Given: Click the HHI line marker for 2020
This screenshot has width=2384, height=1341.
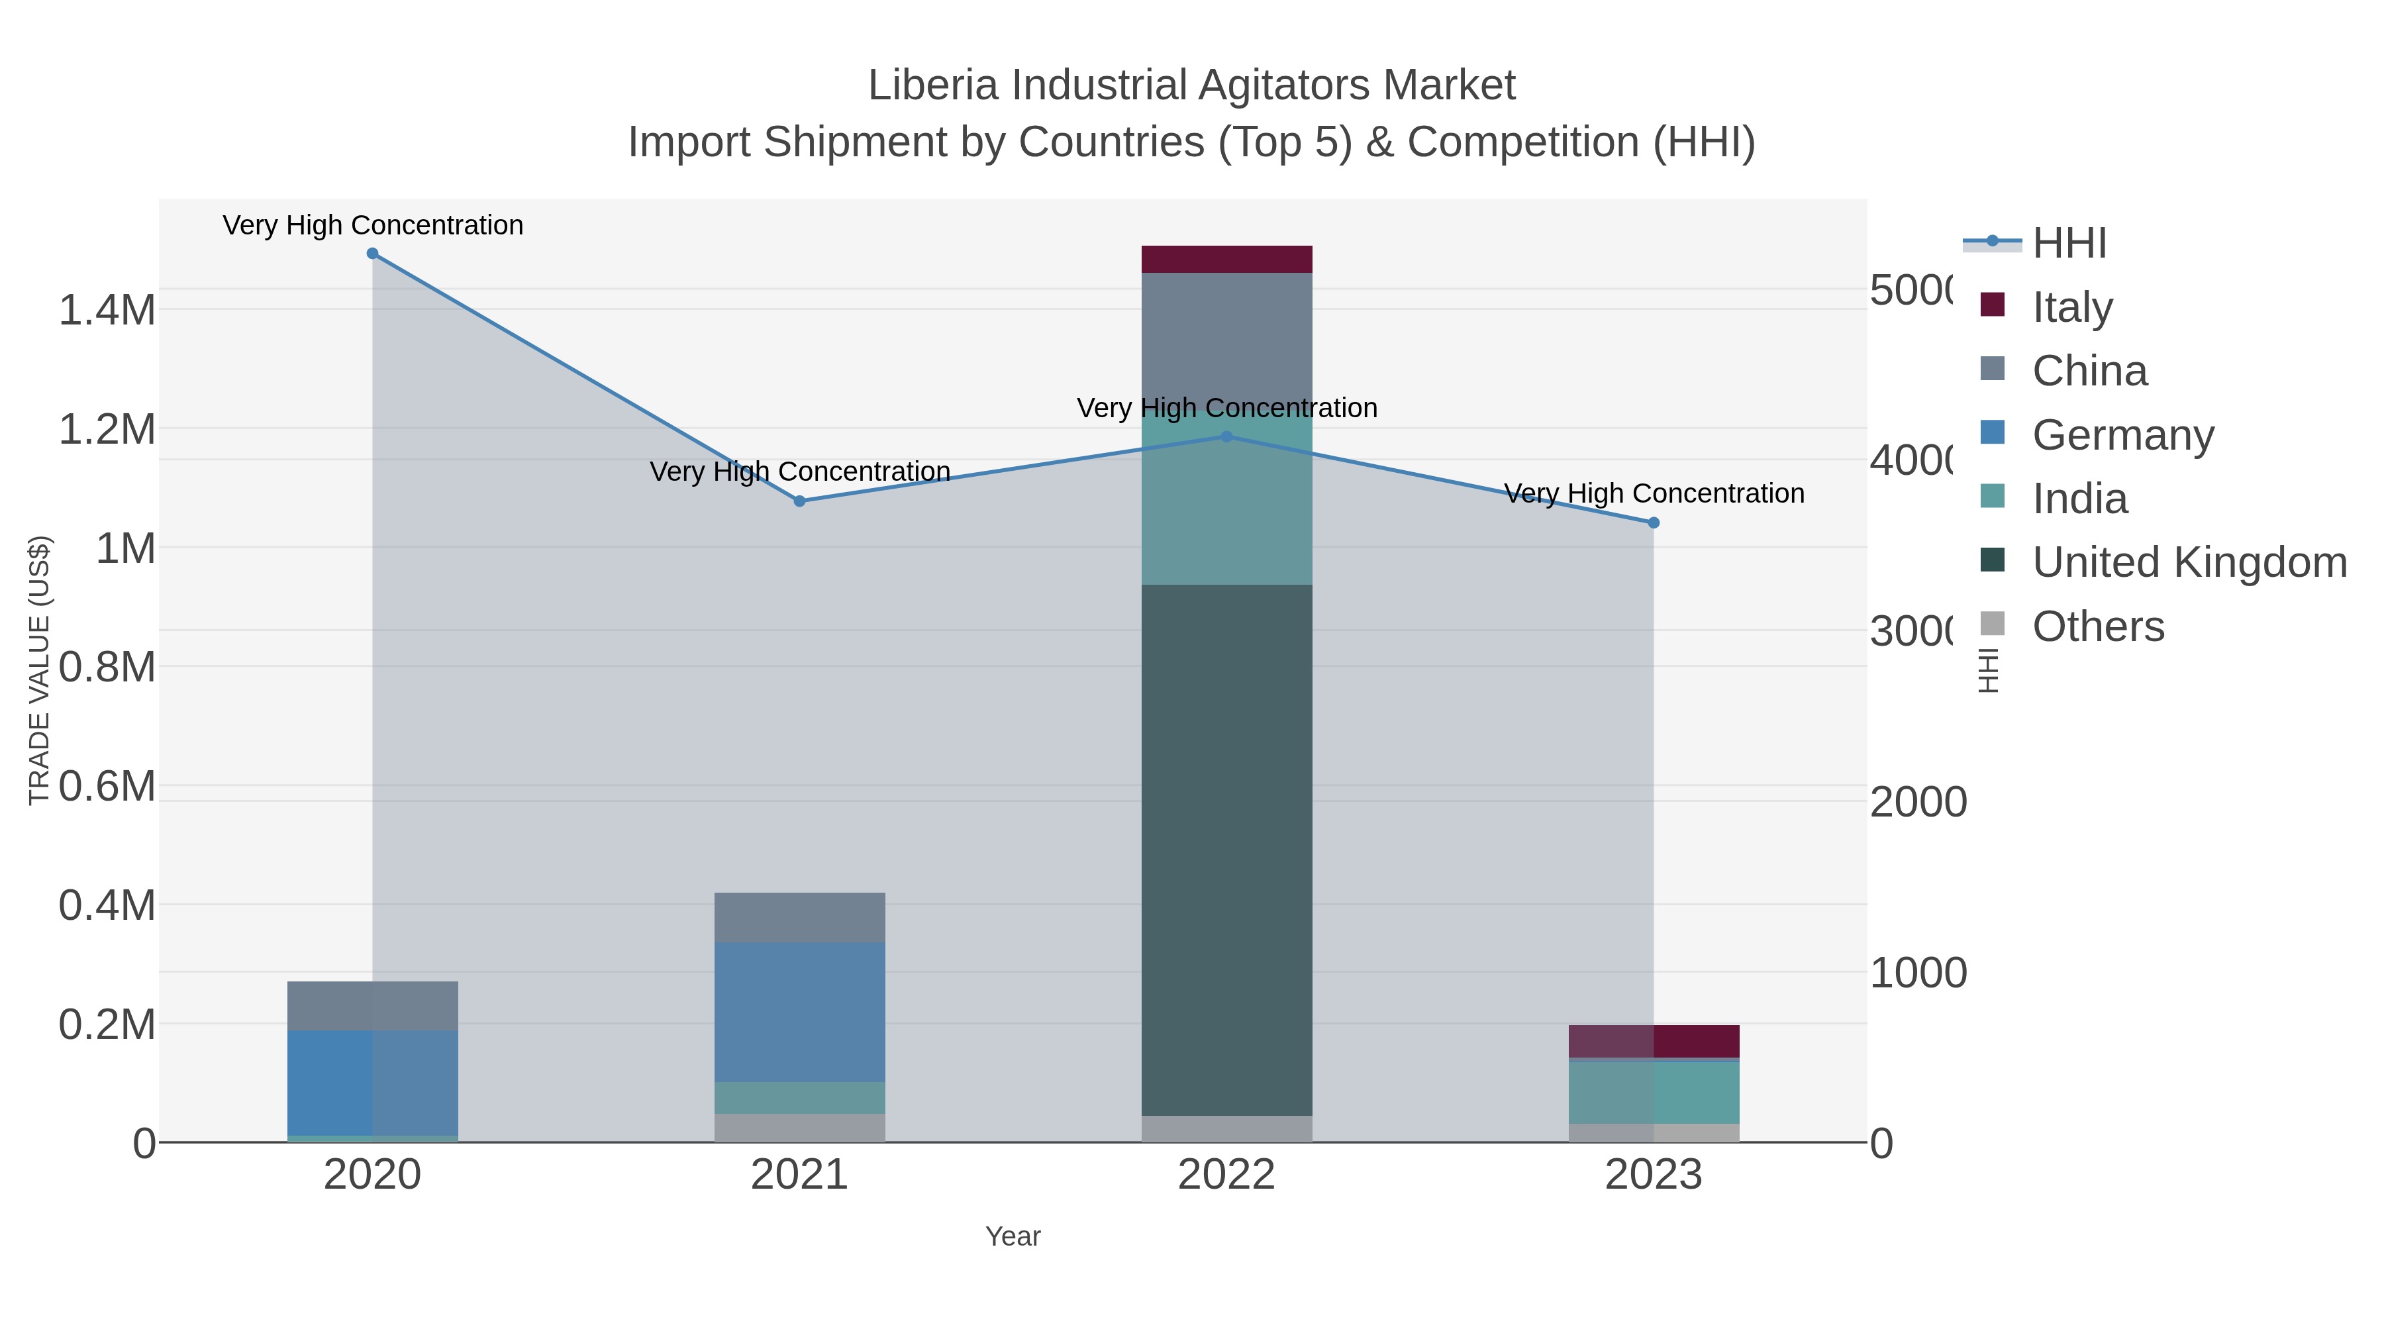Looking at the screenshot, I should click(372, 254).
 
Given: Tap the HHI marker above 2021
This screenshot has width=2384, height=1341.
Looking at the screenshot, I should click(799, 501).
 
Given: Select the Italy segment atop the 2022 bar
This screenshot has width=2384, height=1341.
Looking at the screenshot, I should click(1226, 259).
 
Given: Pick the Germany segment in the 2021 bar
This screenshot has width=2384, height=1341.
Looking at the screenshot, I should click(799, 1013).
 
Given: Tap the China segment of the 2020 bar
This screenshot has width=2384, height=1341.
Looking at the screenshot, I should click(372, 1006).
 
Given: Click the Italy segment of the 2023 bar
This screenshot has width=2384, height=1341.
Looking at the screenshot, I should click(1654, 1041).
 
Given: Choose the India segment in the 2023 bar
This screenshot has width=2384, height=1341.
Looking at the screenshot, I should click(1654, 1092).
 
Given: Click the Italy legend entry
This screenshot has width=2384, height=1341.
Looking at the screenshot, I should click(2071, 307).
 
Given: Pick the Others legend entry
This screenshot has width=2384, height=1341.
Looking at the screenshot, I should click(2097, 626).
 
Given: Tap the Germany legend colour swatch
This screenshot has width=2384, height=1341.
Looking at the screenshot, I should click(1993, 432).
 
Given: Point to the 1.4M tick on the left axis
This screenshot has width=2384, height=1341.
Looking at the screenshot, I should click(107, 310).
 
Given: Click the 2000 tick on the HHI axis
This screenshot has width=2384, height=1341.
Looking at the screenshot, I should click(1918, 803).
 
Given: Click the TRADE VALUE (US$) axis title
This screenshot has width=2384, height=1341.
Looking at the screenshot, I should click(39, 670).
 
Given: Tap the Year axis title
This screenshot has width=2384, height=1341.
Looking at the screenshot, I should click(1013, 1236).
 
